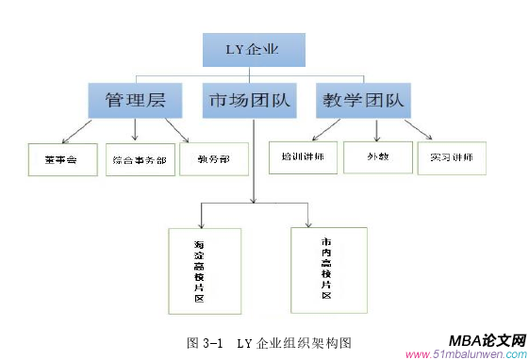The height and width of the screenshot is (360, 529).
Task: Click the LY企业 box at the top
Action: click(254, 49)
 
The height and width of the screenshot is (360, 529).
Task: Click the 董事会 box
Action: click(51, 160)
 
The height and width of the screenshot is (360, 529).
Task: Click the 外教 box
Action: click(376, 157)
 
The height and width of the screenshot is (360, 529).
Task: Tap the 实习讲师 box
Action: click(452, 157)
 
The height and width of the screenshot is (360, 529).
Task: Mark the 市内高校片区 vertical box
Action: click(325, 267)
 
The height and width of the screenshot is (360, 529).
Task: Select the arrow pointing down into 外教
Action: click(377, 136)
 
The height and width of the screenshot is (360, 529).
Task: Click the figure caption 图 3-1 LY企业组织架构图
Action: click(263, 340)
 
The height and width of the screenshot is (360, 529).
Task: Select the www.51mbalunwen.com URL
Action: click(464, 354)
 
